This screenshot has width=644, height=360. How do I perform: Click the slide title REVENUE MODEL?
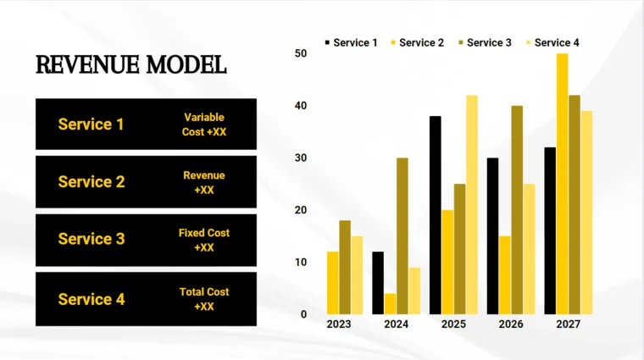(x=130, y=64)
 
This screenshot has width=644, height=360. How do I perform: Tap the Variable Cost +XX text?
(x=204, y=125)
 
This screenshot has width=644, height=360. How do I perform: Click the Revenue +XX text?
(x=204, y=182)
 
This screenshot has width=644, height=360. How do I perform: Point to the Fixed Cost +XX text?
(x=204, y=240)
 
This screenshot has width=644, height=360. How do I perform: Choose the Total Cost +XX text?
(x=204, y=299)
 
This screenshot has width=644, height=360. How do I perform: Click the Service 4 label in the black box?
(x=91, y=299)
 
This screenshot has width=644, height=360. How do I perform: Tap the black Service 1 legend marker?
(x=328, y=42)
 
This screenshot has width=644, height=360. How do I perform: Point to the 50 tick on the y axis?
(x=301, y=53)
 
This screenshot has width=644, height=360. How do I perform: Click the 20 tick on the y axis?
(x=301, y=210)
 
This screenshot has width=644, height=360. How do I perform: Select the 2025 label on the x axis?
(x=453, y=324)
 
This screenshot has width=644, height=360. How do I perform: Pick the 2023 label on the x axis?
(x=338, y=324)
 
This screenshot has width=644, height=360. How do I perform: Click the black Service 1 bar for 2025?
(x=436, y=215)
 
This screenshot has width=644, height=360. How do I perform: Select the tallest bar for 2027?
(x=562, y=184)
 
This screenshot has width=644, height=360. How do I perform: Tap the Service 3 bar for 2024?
(x=402, y=235)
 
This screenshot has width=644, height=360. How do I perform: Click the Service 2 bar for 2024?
(x=390, y=304)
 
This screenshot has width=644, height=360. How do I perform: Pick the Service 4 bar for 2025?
(x=472, y=204)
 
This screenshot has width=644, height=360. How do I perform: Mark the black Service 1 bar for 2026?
(x=492, y=235)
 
